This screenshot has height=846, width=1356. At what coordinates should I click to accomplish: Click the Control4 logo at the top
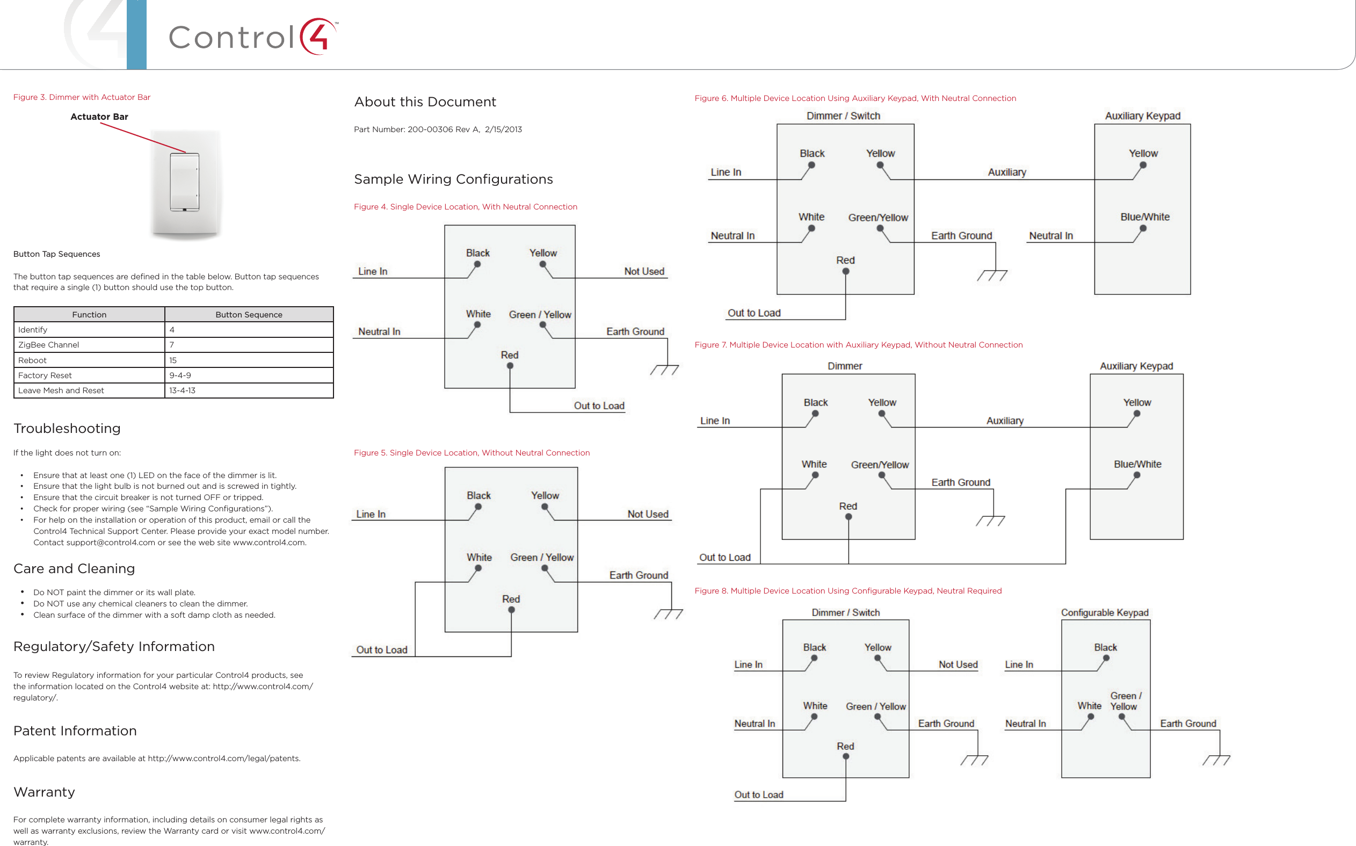point(253,37)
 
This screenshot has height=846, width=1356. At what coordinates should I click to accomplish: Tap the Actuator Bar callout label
point(99,117)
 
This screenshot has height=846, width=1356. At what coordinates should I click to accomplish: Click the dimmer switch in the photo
point(185,182)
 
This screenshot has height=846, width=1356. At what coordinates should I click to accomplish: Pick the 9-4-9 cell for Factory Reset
point(179,375)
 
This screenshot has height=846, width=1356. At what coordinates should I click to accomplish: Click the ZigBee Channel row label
point(49,345)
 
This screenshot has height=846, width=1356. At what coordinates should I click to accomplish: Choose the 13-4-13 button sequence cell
point(182,391)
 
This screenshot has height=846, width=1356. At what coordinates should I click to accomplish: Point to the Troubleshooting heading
point(67,429)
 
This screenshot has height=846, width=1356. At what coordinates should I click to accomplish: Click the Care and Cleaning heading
point(74,568)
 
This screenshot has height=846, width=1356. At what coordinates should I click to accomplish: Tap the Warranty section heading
point(44,792)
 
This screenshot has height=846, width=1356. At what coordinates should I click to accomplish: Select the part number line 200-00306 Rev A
point(438,129)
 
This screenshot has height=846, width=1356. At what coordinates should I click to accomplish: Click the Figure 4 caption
point(465,207)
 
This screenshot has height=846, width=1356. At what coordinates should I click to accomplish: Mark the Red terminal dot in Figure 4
point(510,366)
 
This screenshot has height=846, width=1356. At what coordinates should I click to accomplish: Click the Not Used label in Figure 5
point(647,514)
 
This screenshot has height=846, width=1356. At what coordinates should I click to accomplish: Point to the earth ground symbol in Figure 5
point(668,614)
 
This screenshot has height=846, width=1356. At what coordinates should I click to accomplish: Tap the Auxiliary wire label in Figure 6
point(1006,172)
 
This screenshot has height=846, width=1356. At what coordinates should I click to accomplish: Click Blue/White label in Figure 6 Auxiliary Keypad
point(1144,217)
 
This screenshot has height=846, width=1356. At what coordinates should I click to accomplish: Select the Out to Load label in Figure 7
point(724,558)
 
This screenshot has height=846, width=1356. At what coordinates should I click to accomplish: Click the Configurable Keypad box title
point(1104,613)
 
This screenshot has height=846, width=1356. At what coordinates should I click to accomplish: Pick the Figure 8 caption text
point(847,591)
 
